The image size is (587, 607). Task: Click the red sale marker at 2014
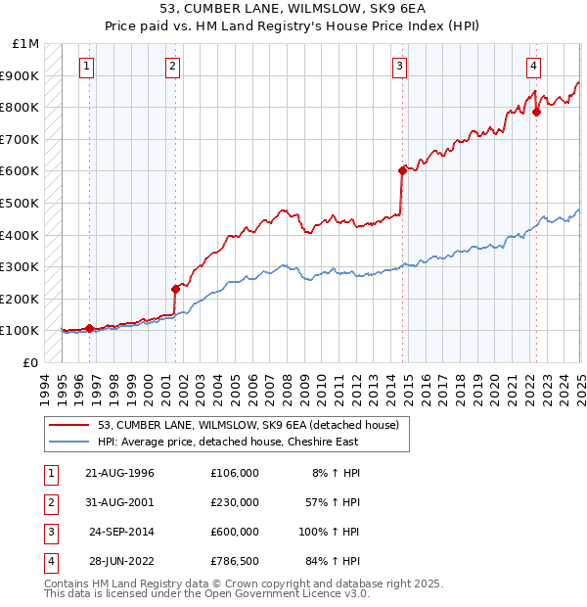pyautogui.click(x=402, y=170)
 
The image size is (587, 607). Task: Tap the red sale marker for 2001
pyautogui.click(x=175, y=289)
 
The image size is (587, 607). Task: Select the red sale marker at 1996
pyautogui.click(x=89, y=328)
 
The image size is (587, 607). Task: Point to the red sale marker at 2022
pyautogui.click(x=536, y=112)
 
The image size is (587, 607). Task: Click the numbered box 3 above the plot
pyautogui.click(x=400, y=67)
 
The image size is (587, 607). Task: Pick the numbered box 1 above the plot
pyautogui.click(x=87, y=67)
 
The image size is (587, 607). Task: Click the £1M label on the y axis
pyautogui.click(x=25, y=44)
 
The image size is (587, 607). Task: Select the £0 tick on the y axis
pyautogui.click(x=30, y=362)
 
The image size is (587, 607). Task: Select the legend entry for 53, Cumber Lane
pyautogui.click(x=248, y=426)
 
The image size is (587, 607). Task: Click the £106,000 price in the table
pyautogui.click(x=235, y=473)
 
